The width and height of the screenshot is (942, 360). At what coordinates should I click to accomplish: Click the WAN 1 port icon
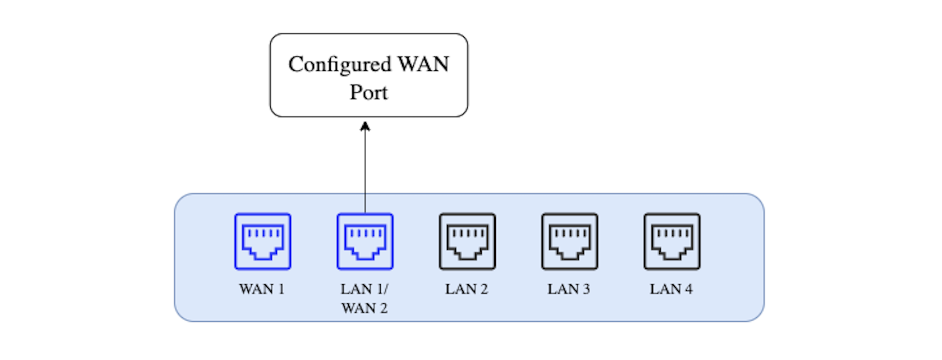[x=262, y=241]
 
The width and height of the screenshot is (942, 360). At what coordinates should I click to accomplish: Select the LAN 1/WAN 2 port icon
[x=365, y=241]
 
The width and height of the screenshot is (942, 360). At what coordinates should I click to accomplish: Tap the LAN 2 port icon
[x=467, y=241]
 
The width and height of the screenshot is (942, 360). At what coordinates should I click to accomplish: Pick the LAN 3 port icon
[x=569, y=241]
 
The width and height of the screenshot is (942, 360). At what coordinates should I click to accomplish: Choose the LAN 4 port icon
[x=672, y=241]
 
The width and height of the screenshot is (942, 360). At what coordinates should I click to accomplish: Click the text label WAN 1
[x=261, y=289]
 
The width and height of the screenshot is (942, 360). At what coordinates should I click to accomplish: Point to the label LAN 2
[x=466, y=289]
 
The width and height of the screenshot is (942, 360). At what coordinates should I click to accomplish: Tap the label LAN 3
[x=568, y=289]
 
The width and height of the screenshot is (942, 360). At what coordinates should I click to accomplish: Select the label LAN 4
[x=671, y=289]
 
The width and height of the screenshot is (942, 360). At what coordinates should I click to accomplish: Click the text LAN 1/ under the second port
[x=364, y=289]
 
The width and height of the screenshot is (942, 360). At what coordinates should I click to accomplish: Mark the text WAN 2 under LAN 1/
[x=364, y=309]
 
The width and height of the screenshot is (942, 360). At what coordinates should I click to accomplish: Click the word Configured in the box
[x=340, y=65]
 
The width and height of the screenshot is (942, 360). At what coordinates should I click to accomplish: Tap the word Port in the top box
[x=369, y=92]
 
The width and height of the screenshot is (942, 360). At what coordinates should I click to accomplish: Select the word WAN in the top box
[x=423, y=64]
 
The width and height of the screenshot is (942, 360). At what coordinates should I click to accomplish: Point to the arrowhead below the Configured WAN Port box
[x=365, y=126]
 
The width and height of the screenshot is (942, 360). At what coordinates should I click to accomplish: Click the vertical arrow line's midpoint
[x=365, y=167]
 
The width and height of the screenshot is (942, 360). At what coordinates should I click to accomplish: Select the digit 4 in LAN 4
[x=688, y=289]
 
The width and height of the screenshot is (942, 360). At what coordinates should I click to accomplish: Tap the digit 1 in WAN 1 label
[x=281, y=289]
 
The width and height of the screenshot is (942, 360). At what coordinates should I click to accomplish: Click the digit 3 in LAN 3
[x=586, y=289]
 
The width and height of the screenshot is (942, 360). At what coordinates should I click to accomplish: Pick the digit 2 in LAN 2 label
[x=484, y=289]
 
